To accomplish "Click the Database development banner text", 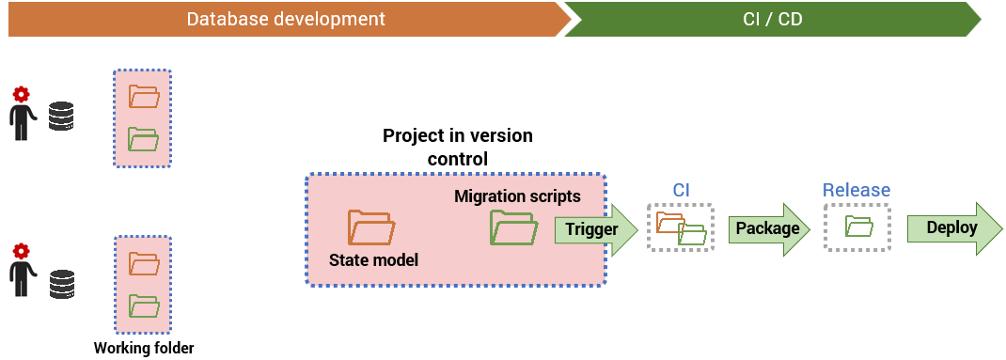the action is tap(286, 19).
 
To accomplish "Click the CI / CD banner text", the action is tap(773, 19).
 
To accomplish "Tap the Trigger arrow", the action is tap(596, 229).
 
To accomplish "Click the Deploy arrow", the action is tap(954, 228).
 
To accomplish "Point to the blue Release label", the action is tap(857, 190).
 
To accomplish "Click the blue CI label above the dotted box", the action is tap(681, 190).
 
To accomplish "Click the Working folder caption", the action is tap(144, 349).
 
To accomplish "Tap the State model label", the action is tap(373, 259).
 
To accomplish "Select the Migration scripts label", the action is tap(517, 196).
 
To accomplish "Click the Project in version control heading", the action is tap(458, 147).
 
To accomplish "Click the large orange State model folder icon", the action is tap(371, 227).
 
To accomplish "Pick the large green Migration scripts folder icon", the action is tap(514, 227).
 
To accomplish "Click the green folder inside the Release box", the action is tap(859, 227).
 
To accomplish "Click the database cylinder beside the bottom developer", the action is tap(62, 284).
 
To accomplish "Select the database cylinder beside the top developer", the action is tap(62, 117).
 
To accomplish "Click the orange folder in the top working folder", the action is tap(144, 96).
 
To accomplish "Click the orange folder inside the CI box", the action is tap(669, 222).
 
